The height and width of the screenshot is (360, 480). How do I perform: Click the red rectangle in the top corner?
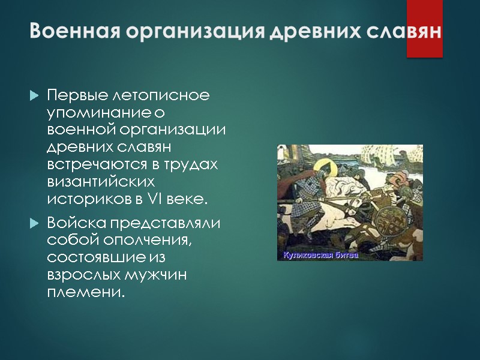pyautogui.click(x=424, y=28)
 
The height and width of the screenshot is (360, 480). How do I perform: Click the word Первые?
pyautogui.click(x=71, y=96)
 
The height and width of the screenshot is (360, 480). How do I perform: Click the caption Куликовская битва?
pyautogui.click(x=317, y=256)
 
